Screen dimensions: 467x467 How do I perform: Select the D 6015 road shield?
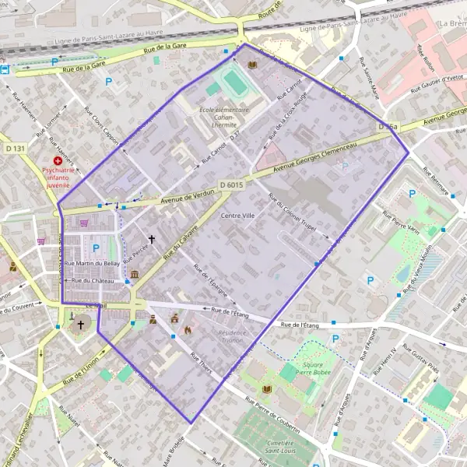[x=231, y=184]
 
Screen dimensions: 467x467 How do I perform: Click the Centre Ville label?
[x=237, y=215]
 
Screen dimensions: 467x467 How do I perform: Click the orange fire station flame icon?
[x=188, y=330]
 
